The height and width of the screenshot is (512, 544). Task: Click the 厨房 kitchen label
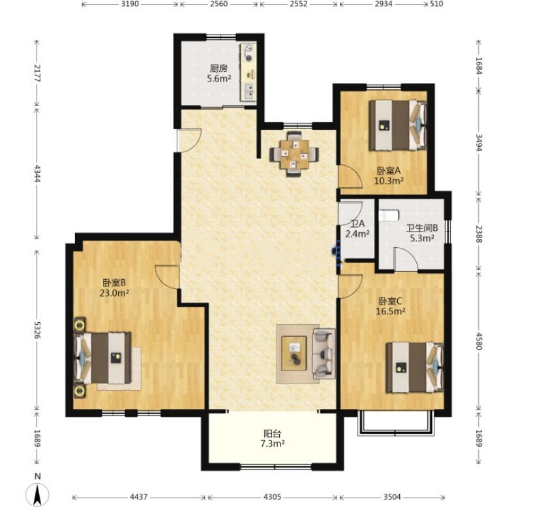[x=219, y=68]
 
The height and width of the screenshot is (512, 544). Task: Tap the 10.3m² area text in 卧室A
[x=389, y=181]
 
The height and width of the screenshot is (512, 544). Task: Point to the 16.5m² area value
[x=391, y=311]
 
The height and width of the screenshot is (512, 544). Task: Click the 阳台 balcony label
[x=273, y=433]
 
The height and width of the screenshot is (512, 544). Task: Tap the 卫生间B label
[x=422, y=228]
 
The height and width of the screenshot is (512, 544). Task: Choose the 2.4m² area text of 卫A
[x=357, y=233]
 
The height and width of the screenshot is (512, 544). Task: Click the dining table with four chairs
[x=294, y=154]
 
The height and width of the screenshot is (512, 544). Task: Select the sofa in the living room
[x=324, y=354]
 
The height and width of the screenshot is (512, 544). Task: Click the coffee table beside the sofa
[x=294, y=354]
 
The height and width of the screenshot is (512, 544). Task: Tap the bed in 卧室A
[x=398, y=125]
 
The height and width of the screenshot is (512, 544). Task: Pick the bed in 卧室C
[x=415, y=368]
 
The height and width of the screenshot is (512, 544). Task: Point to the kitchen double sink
[x=249, y=91]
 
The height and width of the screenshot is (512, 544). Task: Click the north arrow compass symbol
[x=37, y=494]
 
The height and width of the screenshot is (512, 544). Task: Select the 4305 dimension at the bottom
[x=272, y=497]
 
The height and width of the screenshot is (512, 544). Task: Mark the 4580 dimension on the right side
[x=479, y=340]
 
